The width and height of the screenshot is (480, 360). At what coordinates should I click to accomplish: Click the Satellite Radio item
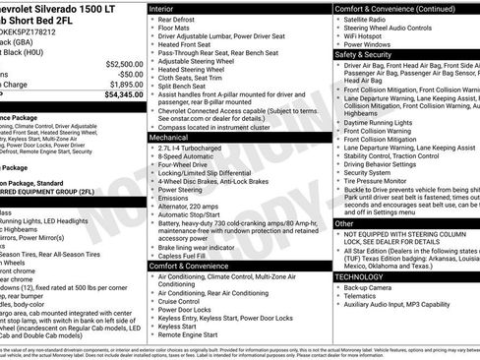pos(371,18)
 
